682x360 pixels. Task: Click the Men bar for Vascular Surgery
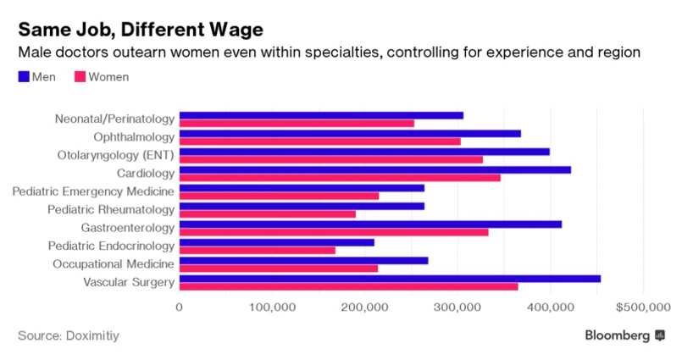[390, 278]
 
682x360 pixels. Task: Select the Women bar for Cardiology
[340, 177]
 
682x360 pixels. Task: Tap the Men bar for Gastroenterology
[370, 224]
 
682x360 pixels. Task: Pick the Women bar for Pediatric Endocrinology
[258, 250]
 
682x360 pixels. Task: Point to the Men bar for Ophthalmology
[350, 133]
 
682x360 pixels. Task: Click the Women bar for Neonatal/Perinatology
[297, 123]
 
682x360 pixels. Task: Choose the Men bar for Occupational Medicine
[303, 260]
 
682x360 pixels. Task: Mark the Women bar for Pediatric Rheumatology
[268, 213]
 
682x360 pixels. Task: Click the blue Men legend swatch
[23, 77]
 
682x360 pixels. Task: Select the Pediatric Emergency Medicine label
[93, 191]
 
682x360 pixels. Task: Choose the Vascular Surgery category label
[129, 282]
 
